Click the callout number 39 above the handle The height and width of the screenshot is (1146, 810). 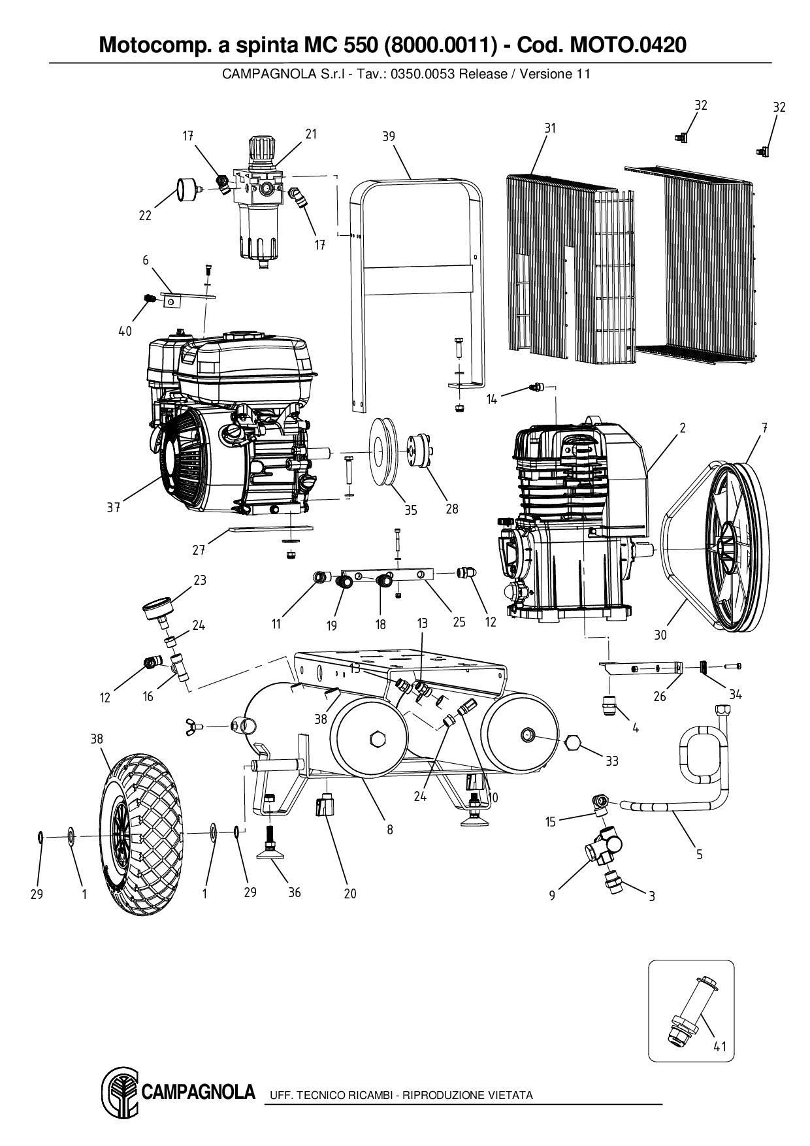[389, 137]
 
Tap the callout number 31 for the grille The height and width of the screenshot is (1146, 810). [549, 128]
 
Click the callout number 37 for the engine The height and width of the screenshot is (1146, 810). [113, 508]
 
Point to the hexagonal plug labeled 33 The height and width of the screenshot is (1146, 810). [572, 743]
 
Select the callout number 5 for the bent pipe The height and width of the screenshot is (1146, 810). [699, 854]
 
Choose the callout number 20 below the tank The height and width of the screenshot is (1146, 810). [350, 893]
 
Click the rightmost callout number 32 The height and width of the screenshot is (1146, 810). [779, 107]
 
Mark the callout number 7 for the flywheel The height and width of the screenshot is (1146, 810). [764, 428]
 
